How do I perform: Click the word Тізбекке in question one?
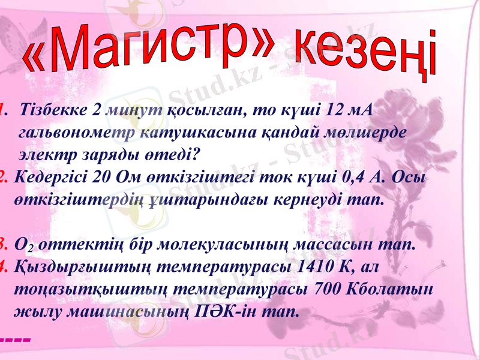click(x=51, y=110)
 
